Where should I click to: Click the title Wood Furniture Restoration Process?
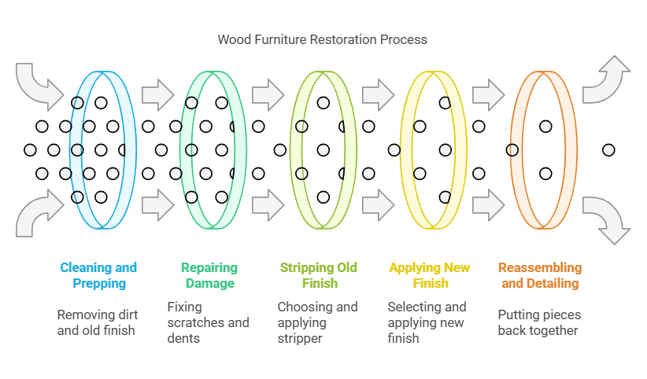tap(323, 39)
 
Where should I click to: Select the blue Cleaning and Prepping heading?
tap(98, 275)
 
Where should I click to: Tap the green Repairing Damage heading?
tap(209, 275)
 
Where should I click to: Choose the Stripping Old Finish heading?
tap(319, 275)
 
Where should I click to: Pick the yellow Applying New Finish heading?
tap(430, 275)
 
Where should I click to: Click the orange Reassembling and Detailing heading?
tap(540, 275)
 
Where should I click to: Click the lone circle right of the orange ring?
tap(608, 149)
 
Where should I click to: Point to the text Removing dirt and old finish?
tap(96, 322)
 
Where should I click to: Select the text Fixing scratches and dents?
tap(208, 322)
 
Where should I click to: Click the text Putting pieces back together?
tap(539, 322)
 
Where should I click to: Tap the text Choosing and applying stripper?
tap(317, 322)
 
